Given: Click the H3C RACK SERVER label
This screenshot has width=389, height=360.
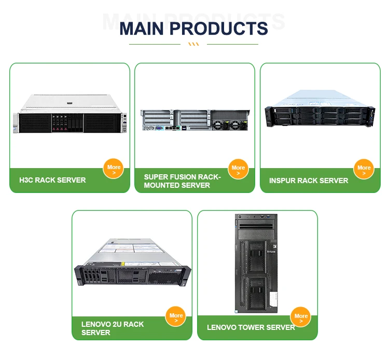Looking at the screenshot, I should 52,181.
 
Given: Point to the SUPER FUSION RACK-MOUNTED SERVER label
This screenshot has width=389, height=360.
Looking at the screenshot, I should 182,181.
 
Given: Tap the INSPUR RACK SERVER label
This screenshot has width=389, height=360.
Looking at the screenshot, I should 309,181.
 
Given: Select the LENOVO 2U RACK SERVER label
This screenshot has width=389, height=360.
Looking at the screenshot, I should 113,328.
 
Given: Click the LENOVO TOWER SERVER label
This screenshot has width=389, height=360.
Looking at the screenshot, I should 251,327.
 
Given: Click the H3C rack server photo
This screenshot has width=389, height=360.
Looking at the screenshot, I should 70,115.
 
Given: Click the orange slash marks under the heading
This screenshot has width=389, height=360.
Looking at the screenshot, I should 193,45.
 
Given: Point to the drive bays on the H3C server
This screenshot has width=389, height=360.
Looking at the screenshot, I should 68,123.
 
